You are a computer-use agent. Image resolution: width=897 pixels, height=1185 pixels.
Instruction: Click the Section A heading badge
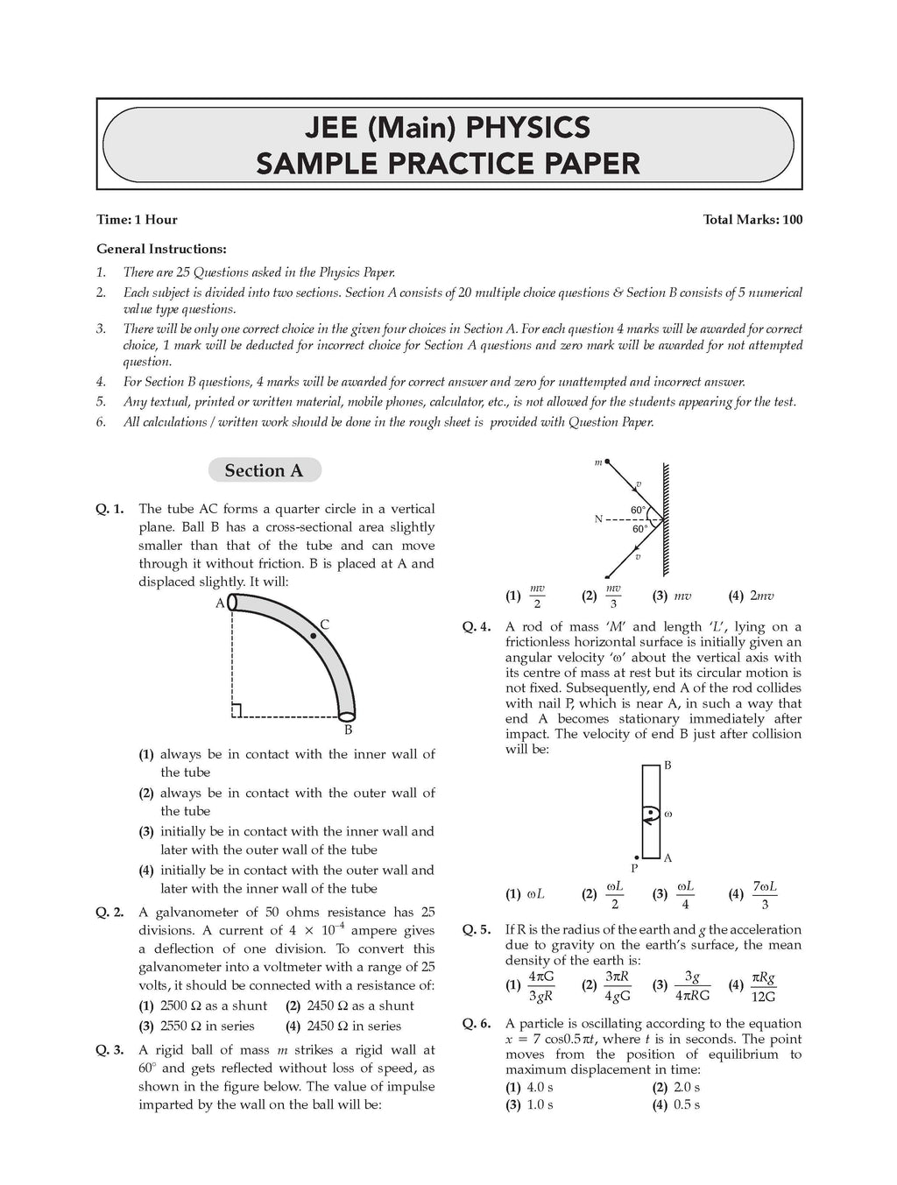point(264,470)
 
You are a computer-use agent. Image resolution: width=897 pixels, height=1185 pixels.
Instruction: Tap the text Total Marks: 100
point(752,220)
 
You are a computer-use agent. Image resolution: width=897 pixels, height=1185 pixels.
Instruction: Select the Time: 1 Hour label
point(138,220)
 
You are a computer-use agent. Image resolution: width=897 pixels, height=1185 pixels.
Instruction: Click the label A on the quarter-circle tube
point(219,603)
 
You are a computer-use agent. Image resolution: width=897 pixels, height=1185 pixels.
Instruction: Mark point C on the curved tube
point(314,635)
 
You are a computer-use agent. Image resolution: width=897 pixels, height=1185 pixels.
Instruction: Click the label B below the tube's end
point(348,730)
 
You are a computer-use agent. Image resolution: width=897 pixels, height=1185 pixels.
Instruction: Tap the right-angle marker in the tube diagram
point(237,711)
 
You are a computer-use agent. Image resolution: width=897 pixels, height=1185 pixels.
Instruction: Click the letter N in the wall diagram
point(598,519)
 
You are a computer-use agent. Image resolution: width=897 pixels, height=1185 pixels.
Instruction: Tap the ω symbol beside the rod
point(668,814)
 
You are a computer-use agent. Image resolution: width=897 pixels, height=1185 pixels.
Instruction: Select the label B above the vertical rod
point(667,765)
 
